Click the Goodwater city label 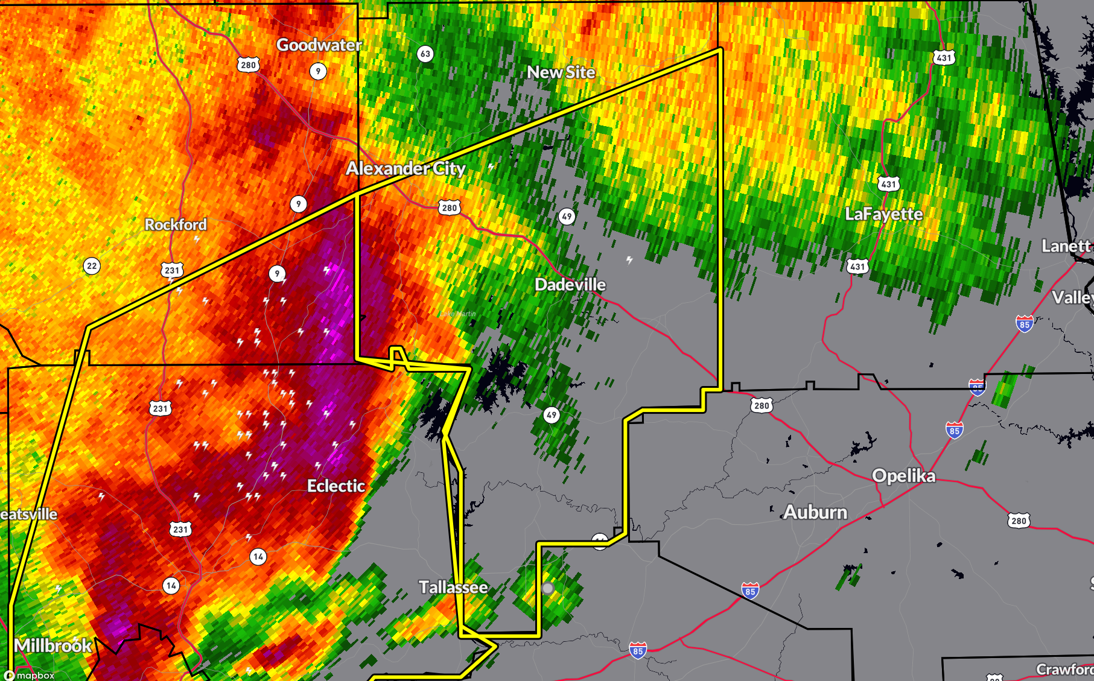pos(319,45)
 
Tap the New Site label pos(561,72)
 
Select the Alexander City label pos(405,168)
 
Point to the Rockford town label pos(176,224)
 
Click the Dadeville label pos(570,285)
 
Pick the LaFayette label pos(883,214)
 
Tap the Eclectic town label pos(336,486)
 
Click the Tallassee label pos(453,588)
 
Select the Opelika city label pos(903,476)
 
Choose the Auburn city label pos(815,513)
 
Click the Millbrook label pos(53,646)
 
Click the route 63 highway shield pos(425,54)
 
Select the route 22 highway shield pos(92,266)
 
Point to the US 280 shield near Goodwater pos(248,65)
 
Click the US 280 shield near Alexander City pos(449,208)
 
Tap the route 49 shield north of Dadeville pos(566,217)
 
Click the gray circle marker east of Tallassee pos(547,588)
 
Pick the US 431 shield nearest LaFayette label pos(888,184)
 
